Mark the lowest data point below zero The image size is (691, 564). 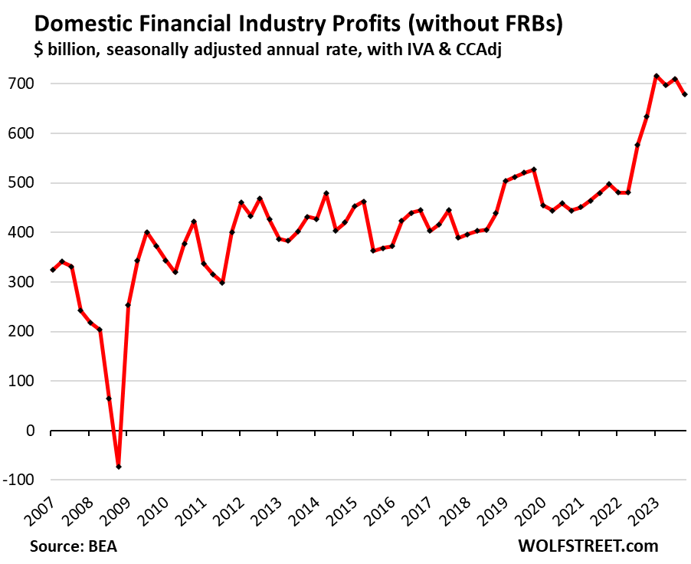click(x=118, y=467)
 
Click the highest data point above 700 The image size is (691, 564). click(x=657, y=76)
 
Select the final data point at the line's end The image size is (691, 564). click(x=685, y=94)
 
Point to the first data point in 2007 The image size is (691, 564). click(x=52, y=270)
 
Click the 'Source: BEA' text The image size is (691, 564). click(x=74, y=546)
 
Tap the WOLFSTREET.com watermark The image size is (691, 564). click(x=588, y=546)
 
